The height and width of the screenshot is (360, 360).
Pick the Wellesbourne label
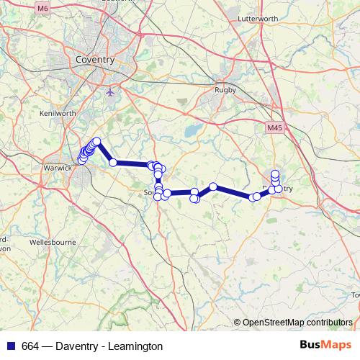pos(53,243)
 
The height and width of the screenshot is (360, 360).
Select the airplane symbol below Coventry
pos(109,92)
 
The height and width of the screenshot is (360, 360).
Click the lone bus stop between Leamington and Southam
pos(113,163)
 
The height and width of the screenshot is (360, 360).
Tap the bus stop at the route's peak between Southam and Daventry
pos(213,187)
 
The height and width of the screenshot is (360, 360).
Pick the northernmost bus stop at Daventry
pos(275,174)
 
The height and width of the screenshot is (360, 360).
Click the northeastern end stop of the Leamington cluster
pos(96,142)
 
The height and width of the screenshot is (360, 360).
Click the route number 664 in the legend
pos(31,346)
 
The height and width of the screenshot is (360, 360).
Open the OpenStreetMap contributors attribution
pos(297,323)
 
